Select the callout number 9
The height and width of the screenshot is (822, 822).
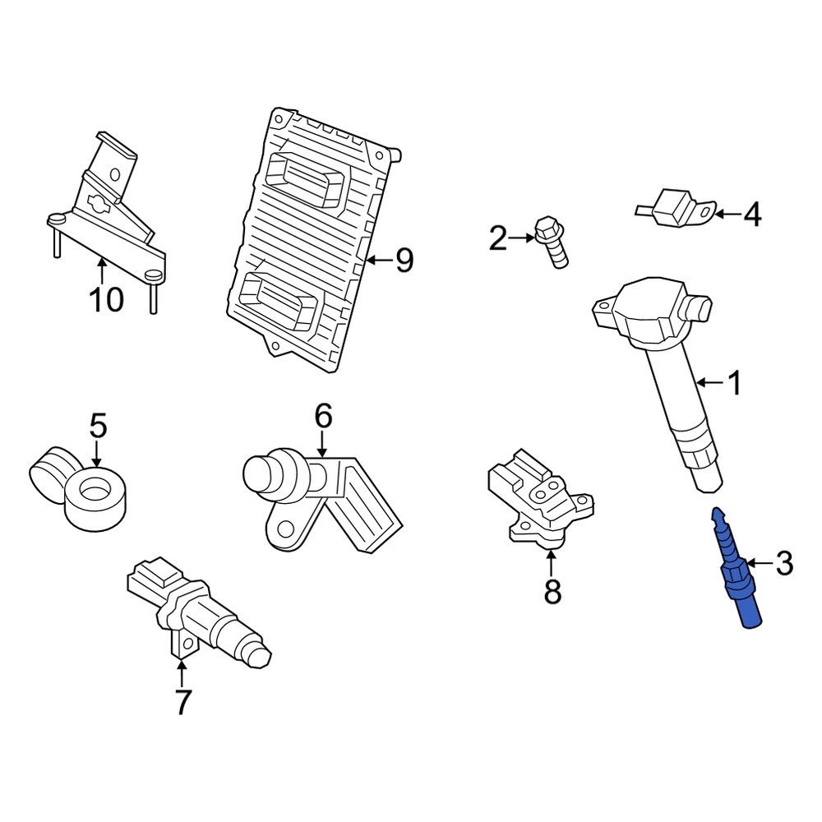(x=404, y=260)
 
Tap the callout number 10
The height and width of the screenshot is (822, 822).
(x=107, y=300)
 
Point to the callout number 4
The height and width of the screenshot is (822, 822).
(x=753, y=215)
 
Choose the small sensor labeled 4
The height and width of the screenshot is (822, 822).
(x=676, y=208)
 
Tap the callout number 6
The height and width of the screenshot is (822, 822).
(x=323, y=416)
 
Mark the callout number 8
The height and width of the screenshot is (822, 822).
(x=552, y=592)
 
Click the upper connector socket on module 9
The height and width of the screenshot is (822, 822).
(x=306, y=178)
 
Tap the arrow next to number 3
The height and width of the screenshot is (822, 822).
(x=759, y=564)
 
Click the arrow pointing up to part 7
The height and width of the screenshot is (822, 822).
(x=182, y=674)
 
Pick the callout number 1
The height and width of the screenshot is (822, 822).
(x=736, y=383)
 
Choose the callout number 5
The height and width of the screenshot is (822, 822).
(x=98, y=425)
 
